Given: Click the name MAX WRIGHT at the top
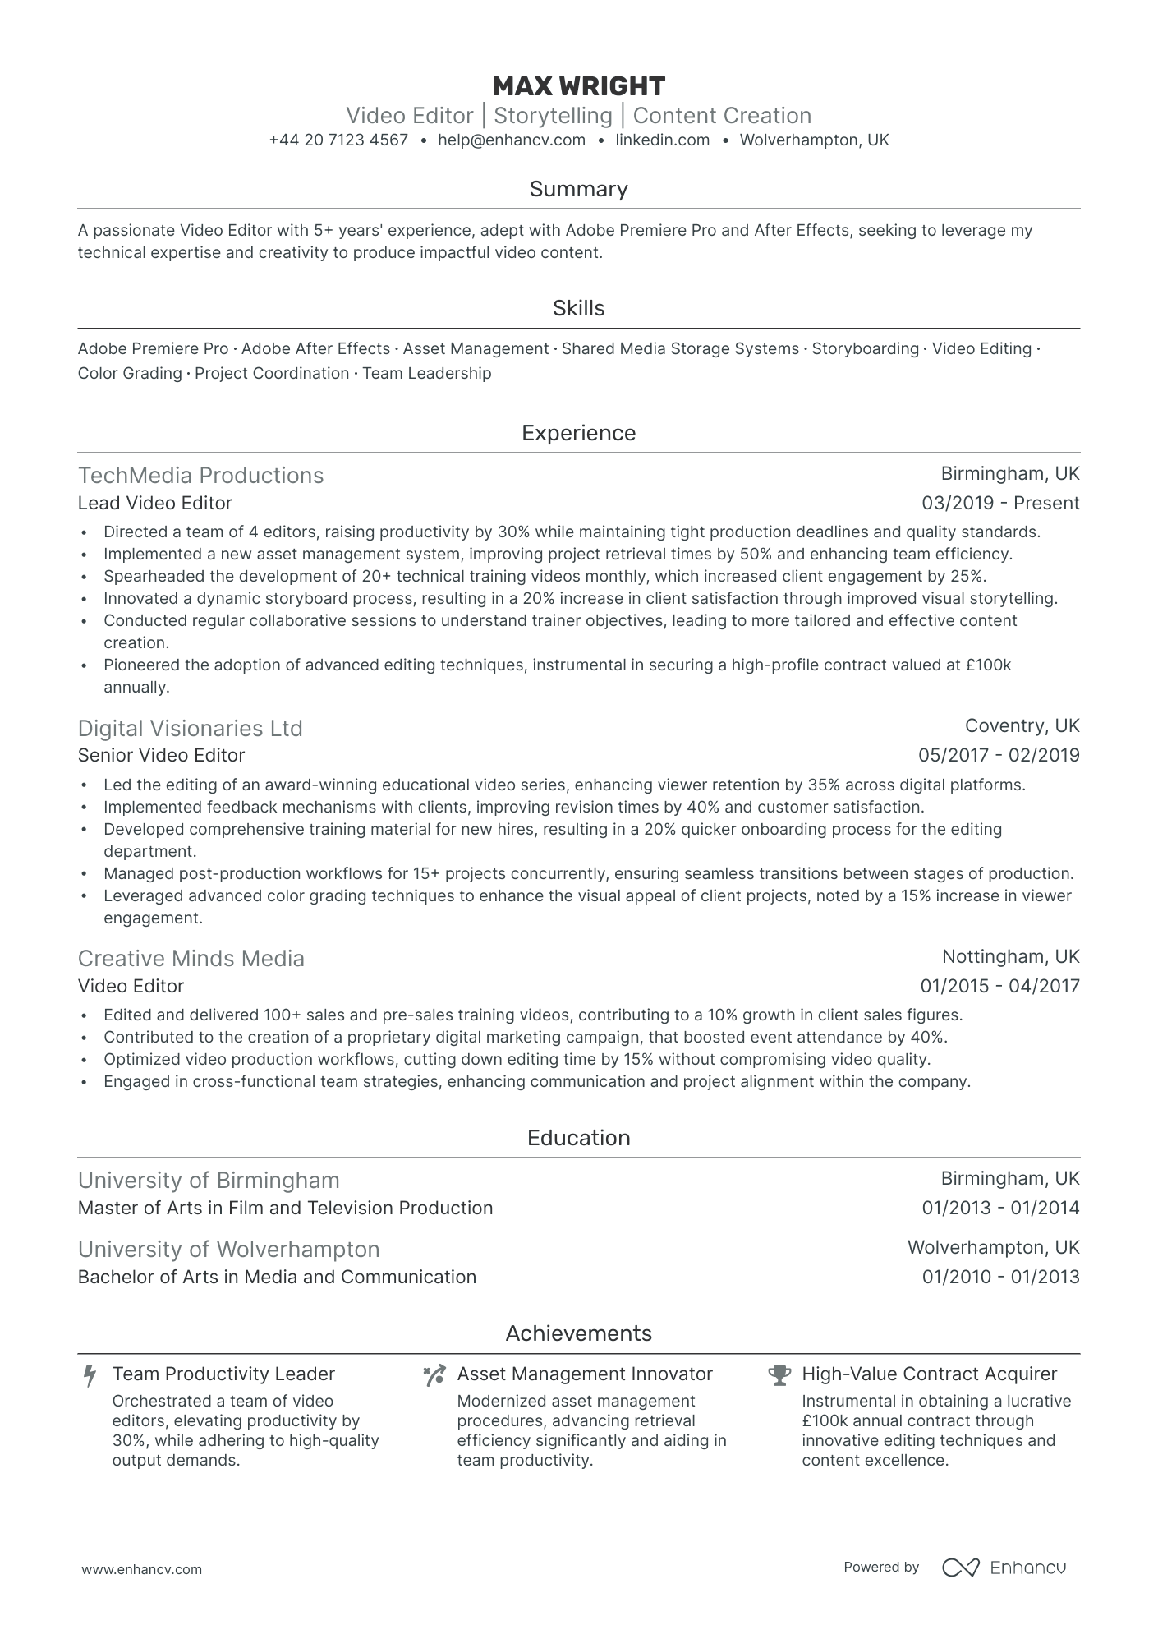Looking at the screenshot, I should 578,86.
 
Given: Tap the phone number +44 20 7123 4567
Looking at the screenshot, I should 338,140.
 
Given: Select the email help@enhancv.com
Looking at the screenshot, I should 512,140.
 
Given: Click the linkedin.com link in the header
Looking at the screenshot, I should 662,140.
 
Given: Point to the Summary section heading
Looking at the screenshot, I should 578,190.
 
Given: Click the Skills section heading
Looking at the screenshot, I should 578,309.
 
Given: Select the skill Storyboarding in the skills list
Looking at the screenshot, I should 865,349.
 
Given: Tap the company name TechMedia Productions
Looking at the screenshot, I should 200,476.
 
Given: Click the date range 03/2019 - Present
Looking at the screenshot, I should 1000,504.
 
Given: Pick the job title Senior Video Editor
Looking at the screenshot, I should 161,756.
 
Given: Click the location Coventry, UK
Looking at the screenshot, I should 1022,726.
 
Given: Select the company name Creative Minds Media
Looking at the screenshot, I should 191,959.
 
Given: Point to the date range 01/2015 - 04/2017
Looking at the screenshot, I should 999,987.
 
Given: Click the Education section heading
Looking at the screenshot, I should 578,1139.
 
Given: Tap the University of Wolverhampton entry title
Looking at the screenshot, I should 228,1250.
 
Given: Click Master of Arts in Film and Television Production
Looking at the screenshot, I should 285,1209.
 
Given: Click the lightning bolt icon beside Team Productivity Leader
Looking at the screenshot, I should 90,1375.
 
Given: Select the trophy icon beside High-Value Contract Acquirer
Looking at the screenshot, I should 779,1374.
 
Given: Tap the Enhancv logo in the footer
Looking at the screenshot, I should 1004,1568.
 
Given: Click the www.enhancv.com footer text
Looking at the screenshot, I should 141,1569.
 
